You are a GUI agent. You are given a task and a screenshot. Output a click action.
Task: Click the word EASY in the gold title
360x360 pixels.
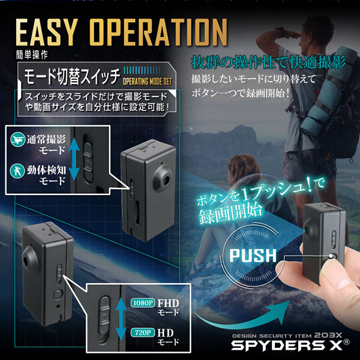click(x=46, y=32)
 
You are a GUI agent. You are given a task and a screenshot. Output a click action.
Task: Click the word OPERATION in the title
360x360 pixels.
click(x=158, y=32)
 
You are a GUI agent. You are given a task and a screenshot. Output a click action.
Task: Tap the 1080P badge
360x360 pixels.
click(x=143, y=303)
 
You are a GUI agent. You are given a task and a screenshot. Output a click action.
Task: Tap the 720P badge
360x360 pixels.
click(x=143, y=332)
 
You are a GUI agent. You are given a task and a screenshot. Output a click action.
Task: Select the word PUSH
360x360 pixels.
click(x=253, y=256)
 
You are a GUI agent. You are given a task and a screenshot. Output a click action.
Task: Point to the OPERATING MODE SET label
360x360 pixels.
click(x=148, y=82)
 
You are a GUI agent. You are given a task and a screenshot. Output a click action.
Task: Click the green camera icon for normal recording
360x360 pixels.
click(x=17, y=139)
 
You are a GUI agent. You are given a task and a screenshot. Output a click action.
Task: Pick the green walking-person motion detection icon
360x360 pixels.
click(x=17, y=170)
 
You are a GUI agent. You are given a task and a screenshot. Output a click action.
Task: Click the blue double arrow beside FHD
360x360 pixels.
click(x=121, y=318)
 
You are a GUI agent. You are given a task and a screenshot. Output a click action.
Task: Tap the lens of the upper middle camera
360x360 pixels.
click(x=166, y=179)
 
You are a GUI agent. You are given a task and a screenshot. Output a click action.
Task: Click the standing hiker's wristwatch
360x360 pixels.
click(x=279, y=30)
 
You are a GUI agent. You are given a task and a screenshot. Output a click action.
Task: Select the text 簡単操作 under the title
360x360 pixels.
click(x=32, y=55)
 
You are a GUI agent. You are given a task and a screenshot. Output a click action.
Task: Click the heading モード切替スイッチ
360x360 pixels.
click(x=72, y=76)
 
